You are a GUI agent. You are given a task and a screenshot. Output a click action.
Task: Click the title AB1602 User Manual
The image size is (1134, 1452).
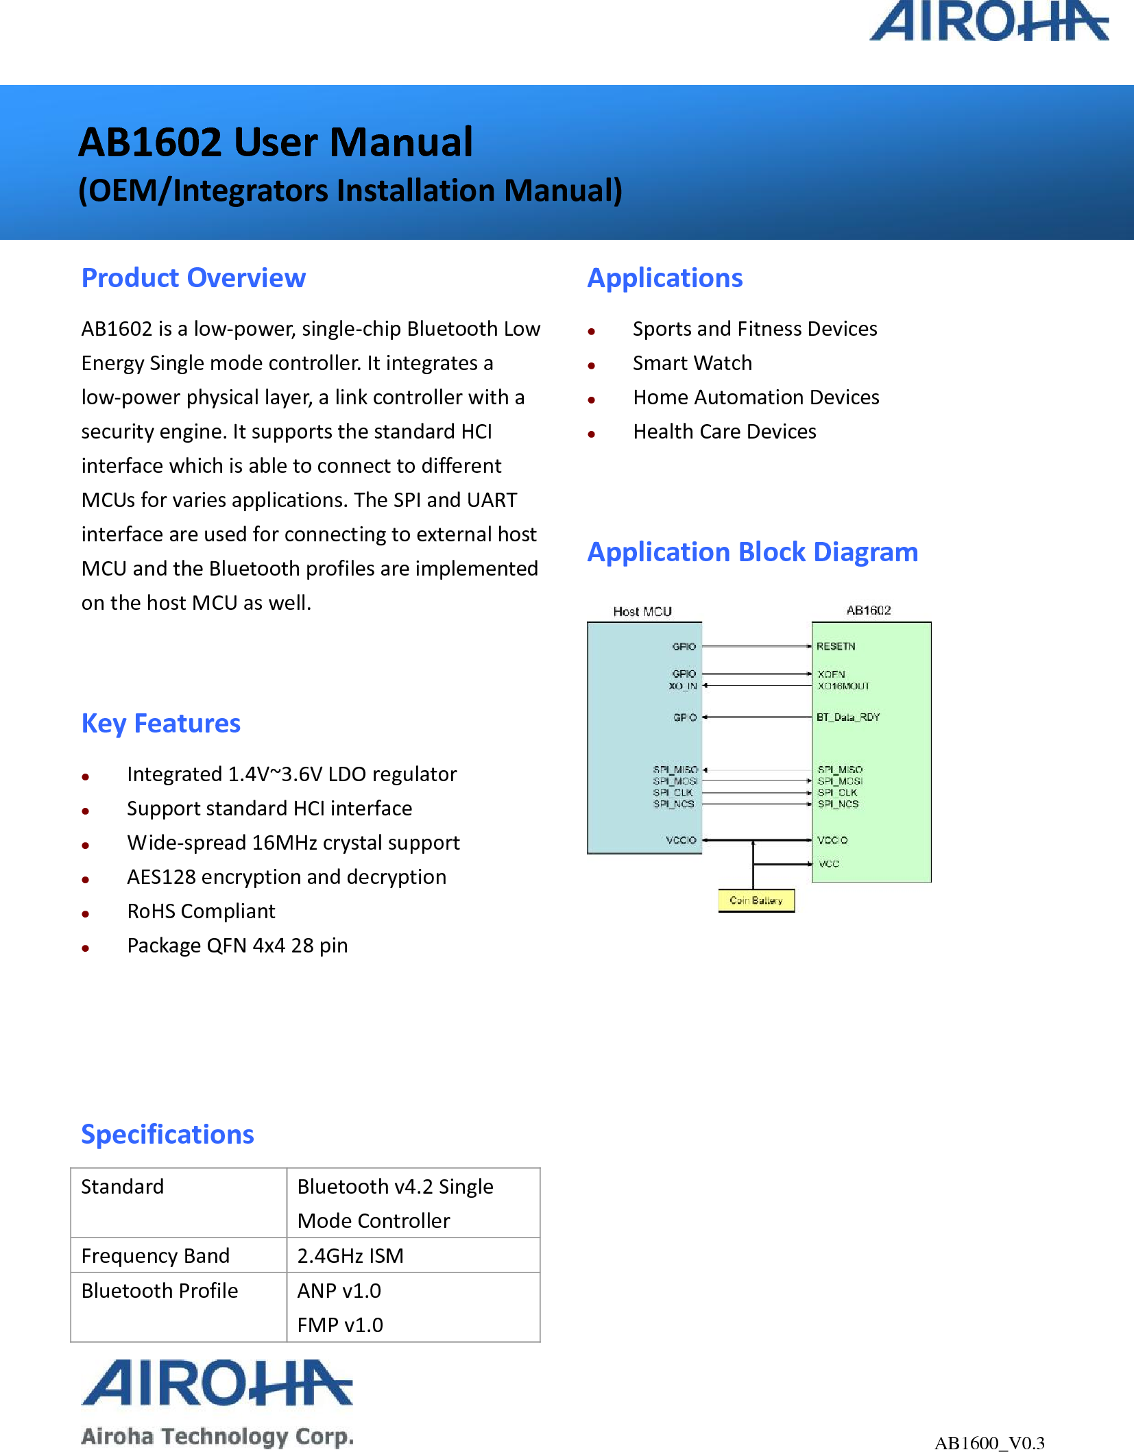276,143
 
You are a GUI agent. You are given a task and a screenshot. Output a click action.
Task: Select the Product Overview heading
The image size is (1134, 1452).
193,278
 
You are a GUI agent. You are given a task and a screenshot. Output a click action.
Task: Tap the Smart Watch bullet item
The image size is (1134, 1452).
692,363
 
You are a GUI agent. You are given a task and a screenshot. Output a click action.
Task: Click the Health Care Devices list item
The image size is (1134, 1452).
724,432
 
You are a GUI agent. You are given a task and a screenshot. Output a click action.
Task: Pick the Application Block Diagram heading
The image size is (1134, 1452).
752,552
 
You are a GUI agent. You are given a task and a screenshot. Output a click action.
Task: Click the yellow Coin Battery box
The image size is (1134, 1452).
756,900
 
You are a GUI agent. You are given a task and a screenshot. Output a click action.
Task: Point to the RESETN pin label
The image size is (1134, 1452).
836,646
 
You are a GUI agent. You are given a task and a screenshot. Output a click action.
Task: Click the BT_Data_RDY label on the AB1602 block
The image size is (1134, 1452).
847,717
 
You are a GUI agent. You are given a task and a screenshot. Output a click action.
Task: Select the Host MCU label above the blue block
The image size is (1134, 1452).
642,611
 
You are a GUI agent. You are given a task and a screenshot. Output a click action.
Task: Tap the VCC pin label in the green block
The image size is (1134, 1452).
829,864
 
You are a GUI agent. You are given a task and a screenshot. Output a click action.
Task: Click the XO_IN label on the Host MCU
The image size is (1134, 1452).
682,686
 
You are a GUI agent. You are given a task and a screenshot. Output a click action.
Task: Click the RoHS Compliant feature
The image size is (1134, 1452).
201,911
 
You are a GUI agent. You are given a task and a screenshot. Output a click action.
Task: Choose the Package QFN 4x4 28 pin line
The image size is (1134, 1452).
237,946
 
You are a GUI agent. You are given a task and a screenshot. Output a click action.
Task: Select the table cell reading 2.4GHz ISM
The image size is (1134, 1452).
350,1255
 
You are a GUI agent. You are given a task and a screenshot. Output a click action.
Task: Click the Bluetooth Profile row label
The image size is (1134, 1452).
160,1290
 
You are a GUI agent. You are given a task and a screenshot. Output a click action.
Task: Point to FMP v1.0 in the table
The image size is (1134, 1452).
340,1325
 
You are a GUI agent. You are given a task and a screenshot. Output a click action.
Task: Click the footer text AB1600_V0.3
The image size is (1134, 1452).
989,1442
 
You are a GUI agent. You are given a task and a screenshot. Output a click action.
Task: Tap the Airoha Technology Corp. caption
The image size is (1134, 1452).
217,1436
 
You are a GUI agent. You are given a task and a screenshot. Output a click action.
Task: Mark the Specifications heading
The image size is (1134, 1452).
167,1135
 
